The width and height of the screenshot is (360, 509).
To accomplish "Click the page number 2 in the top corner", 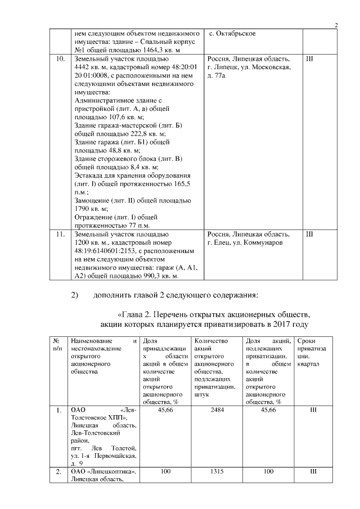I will [x=335, y=25].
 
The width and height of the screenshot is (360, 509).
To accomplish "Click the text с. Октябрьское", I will [x=232, y=34].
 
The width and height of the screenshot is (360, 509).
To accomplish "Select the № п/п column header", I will [x=57, y=345].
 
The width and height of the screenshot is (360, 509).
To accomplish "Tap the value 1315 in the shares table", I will [x=217, y=471].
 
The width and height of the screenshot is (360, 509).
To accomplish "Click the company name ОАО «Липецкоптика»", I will [x=105, y=471].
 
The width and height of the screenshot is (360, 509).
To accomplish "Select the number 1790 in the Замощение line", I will [x=83, y=209].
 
